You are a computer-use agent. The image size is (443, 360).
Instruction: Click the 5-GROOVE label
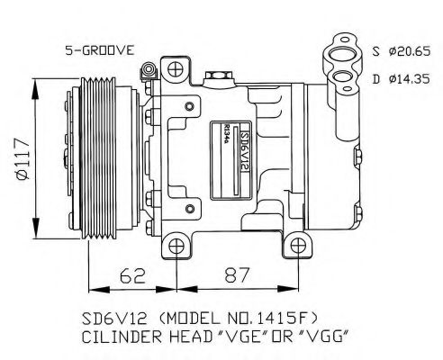(99, 50)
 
